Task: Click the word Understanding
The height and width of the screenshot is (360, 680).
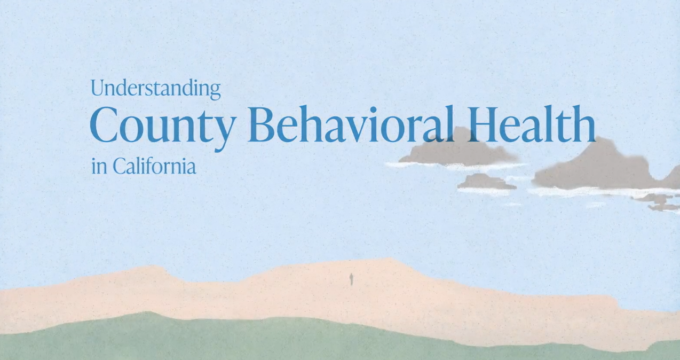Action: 155,88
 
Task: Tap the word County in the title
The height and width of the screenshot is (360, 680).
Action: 162,126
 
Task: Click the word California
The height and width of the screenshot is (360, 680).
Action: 154,167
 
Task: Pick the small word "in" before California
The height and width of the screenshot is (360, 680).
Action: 99,167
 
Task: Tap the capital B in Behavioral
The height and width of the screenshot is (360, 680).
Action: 260,124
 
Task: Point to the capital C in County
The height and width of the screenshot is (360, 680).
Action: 107,125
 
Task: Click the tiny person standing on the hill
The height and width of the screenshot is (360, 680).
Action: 351,279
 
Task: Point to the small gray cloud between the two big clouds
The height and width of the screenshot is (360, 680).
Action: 486,182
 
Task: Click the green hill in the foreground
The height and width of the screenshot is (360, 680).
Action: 160,339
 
